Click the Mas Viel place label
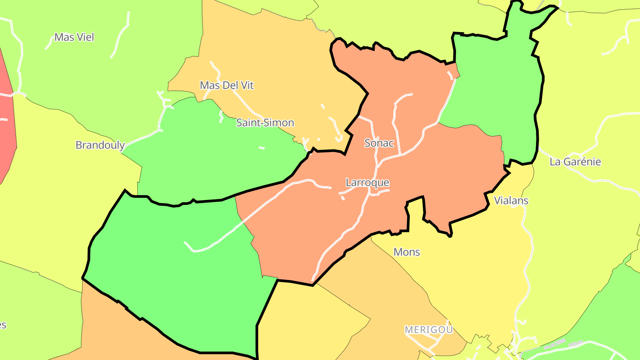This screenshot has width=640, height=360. point(74,37)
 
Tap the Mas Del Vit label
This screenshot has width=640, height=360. point(227,85)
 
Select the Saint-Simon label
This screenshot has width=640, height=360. point(265,123)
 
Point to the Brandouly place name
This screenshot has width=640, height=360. point(100,145)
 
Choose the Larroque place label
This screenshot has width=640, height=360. point(367,183)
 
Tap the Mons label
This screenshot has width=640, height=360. point(407,252)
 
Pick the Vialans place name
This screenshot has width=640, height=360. point(511,200)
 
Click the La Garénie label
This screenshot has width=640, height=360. point(575,162)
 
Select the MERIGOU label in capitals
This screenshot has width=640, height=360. point(428,330)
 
